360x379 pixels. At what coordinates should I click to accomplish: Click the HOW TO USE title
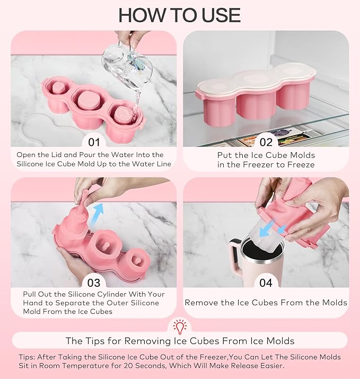[x=180, y=15]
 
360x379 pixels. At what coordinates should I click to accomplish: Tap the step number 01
[x=94, y=142]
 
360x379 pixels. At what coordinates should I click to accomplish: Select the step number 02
[x=266, y=142]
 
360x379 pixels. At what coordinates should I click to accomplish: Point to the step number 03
[x=94, y=283]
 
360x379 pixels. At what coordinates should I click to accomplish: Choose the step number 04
[x=266, y=283]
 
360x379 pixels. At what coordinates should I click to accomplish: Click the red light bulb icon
[x=180, y=327]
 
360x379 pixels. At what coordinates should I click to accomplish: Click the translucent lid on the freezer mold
[x=256, y=81]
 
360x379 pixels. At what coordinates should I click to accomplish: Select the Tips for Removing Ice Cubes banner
[x=180, y=341]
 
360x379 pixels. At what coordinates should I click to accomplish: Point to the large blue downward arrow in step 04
[x=267, y=228]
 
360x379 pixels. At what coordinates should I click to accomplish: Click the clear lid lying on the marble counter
[x=46, y=129]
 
